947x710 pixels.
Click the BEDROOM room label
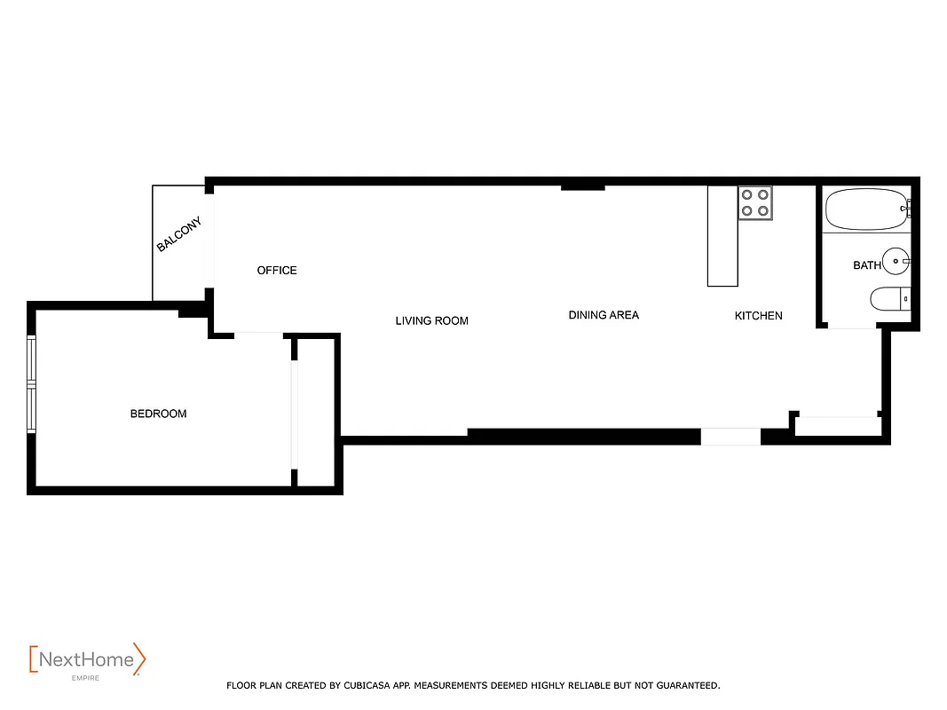(x=158, y=414)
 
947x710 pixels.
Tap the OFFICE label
(x=277, y=270)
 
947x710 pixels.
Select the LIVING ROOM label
(x=431, y=320)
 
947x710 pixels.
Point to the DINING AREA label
(x=604, y=315)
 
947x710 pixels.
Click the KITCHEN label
(x=758, y=316)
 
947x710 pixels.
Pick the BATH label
(x=867, y=265)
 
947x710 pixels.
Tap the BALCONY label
(x=179, y=234)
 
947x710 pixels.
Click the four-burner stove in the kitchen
(x=755, y=202)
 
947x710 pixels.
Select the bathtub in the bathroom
(x=865, y=209)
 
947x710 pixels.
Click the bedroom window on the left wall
(x=32, y=383)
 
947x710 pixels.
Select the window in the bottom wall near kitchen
(x=730, y=437)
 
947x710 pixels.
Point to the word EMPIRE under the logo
(x=85, y=678)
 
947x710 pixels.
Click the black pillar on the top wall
(x=582, y=185)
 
